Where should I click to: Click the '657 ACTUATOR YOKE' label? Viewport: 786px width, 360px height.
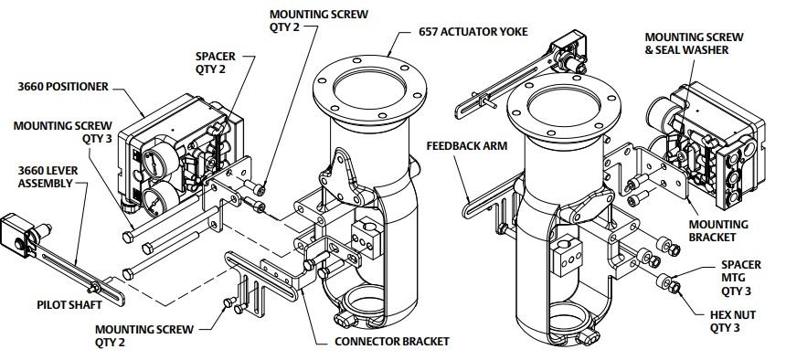click(473, 32)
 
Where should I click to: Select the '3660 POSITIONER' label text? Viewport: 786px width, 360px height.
click(63, 87)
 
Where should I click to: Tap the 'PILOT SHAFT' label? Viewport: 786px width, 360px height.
click(69, 305)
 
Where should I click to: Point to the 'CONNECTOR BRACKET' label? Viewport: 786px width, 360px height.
click(392, 342)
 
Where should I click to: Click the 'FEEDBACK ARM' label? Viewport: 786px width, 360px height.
click(467, 146)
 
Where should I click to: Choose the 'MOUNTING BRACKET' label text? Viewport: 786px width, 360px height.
click(718, 230)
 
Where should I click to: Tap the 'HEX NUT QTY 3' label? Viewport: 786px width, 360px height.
click(732, 322)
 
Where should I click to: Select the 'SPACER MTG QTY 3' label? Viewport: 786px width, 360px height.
click(741, 277)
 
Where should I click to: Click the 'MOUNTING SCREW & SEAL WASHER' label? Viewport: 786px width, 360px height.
click(695, 44)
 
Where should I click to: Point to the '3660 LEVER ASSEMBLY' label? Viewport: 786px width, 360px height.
click(48, 177)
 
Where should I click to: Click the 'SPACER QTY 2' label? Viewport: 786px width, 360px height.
click(215, 63)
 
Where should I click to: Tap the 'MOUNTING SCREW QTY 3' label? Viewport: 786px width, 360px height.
click(63, 132)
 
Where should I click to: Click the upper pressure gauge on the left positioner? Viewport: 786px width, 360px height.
click(154, 163)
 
